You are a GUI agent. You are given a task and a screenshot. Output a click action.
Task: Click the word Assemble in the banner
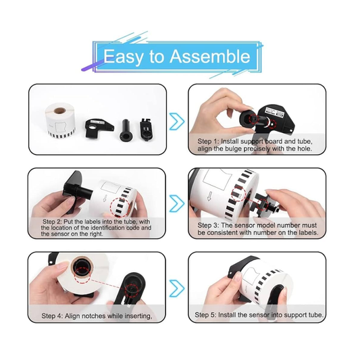pyautogui.click(x=210, y=56)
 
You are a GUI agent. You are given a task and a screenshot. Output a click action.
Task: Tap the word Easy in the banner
pyautogui.click(x=123, y=57)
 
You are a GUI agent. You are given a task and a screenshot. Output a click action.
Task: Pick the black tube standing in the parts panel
pyautogui.click(x=126, y=130)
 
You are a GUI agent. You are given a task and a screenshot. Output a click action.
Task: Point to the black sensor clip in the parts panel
pyautogui.click(x=146, y=128)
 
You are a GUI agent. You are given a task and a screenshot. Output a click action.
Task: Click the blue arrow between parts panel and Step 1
pyautogui.click(x=177, y=121)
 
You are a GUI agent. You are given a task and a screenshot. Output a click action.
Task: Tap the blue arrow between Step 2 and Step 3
pyautogui.click(x=177, y=203)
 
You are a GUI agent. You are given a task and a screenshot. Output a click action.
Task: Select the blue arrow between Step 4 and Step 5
pyautogui.click(x=177, y=288)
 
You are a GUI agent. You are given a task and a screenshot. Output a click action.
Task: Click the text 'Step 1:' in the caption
pyautogui.click(x=208, y=141)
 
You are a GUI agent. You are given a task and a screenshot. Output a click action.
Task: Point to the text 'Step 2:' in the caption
pyautogui.click(x=52, y=222)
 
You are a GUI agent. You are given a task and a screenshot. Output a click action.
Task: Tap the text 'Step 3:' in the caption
pyautogui.click(x=208, y=225)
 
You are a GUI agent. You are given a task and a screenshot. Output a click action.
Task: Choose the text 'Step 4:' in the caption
pyautogui.click(x=52, y=316)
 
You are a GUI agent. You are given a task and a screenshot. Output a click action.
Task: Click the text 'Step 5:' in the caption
pyautogui.click(x=205, y=315)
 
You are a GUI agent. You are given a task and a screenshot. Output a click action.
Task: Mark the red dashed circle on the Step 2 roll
pyautogui.click(x=120, y=207)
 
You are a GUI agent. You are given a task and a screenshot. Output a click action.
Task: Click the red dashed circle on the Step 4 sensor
pyautogui.click(x=132, y=290)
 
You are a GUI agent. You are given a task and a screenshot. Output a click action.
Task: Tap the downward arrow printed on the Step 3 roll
pyautogui.click(x=209, y=197)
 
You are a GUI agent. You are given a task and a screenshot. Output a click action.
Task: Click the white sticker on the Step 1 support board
pyautogui.click(x=274, y=111)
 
